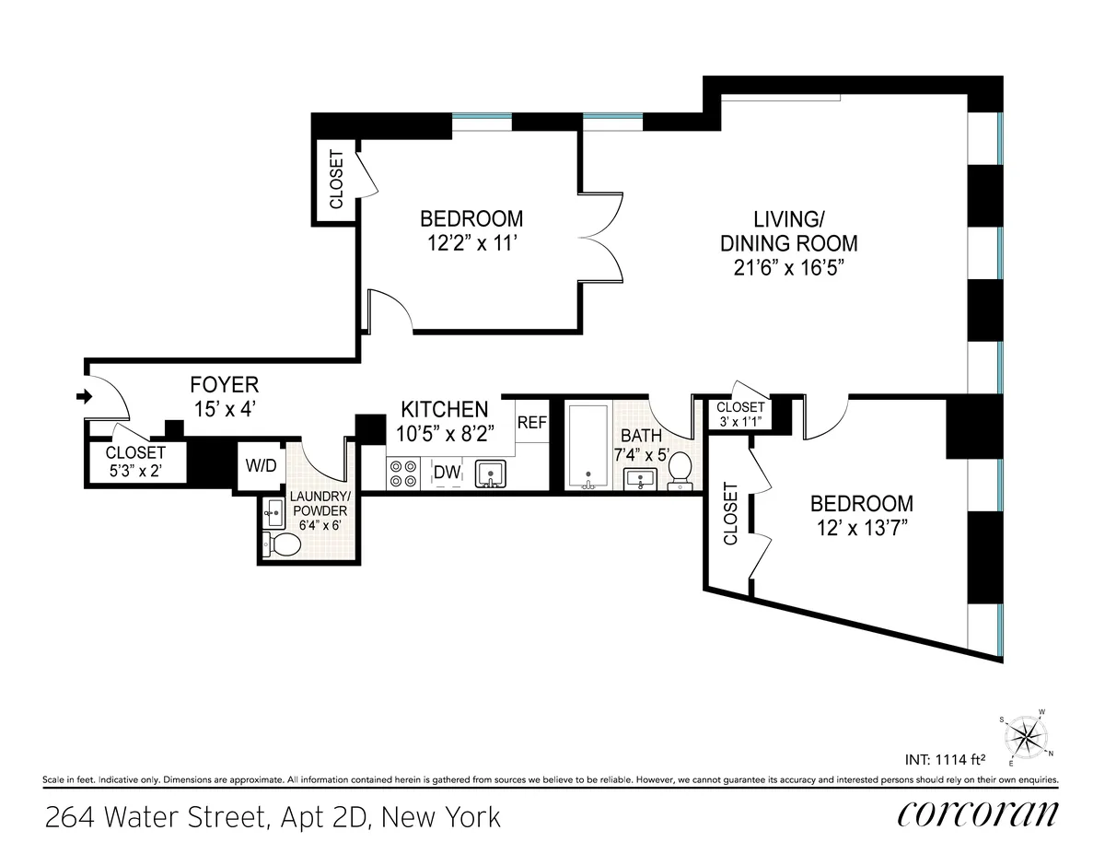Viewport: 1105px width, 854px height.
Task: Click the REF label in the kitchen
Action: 532,423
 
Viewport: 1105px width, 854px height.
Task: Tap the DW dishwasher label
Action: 448,473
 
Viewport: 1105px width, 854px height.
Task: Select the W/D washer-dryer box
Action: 261,466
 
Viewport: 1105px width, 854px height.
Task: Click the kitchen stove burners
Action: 402,473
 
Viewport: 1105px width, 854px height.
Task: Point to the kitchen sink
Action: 492,474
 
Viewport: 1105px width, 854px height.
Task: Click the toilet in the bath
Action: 680,468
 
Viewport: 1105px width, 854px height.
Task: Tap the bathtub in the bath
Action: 587,447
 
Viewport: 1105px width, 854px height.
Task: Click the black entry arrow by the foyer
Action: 85,397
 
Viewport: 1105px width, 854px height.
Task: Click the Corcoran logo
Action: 978,814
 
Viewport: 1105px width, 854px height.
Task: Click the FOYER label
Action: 225,385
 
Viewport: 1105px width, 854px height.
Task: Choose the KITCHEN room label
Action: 444,409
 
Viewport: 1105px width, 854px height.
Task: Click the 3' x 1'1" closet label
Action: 740,423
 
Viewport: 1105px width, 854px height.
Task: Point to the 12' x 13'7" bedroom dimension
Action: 861,529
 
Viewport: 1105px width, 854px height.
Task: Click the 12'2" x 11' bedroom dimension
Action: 471,244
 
